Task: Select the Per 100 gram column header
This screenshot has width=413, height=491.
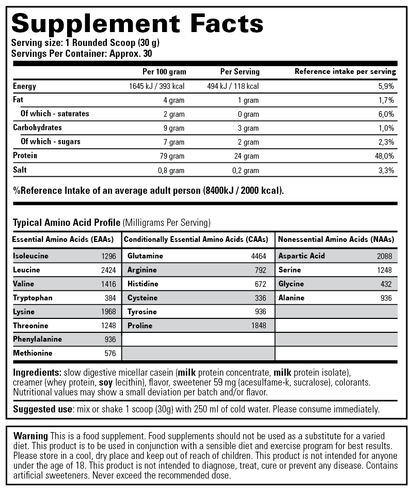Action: click(x=164, y=72)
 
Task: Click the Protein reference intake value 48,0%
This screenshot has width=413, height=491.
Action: click(x=385, y=156)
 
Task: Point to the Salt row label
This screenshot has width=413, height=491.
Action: click(x=20, y=170)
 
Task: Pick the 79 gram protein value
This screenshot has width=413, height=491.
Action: click(x=173, y=156)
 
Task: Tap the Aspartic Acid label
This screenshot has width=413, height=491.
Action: click(x=301, y=256)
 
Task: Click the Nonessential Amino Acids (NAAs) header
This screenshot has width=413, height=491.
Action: click(x=336, y=239)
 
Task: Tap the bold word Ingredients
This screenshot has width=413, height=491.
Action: click(x=37, y=372)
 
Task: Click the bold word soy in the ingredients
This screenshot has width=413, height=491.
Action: click(x=106, y=383)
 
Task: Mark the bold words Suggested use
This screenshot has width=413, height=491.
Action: click(x=42, y=409)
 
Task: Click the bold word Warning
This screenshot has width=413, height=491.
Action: click(x=30, y=436)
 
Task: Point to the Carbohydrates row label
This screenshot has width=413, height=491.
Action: click(x=37, y=127)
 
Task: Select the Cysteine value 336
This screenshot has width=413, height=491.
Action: click(x=260, y=298)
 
